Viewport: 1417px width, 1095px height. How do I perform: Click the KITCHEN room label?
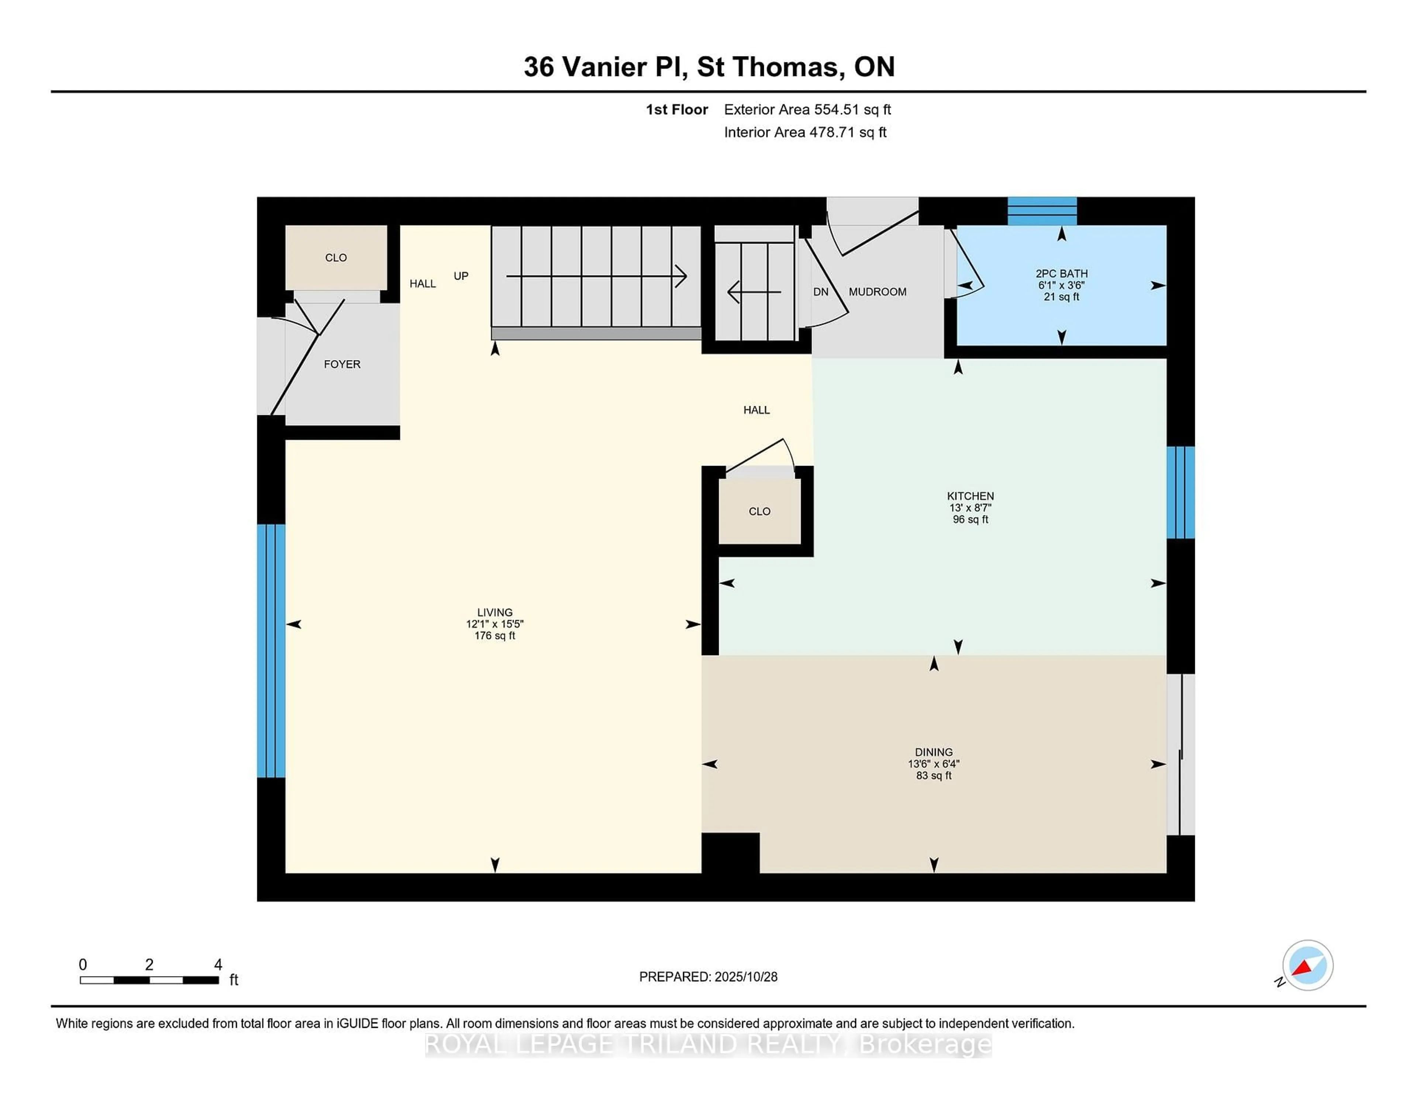pos(970,495)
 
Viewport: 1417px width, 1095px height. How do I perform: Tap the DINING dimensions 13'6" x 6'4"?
pos(934,764)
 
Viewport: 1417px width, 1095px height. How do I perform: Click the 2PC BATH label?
pos(1061,274)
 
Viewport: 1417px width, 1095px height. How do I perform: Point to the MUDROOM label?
pos(877,292)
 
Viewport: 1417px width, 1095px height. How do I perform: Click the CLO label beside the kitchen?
pos(759,512)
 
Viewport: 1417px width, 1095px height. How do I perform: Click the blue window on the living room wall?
pos(270,651)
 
